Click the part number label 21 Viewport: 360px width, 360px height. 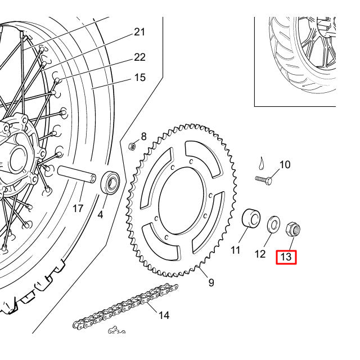[139, 32]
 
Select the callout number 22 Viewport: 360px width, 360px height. [139, 57]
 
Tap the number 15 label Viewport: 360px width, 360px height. [139, 77]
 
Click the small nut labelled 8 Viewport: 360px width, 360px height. [132, 146]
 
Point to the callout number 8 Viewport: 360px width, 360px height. [143, 136]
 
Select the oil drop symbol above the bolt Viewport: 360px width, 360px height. [261, 163]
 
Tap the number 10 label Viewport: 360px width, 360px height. [285, 165]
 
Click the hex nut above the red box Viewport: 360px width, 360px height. [293, 228]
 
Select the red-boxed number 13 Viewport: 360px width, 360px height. [286, 258]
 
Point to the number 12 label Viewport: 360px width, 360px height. [259, 254]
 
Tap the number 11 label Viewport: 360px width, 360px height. [235, 249]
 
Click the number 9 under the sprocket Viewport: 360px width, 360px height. [211, 282]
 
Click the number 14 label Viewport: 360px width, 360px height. [163, 316]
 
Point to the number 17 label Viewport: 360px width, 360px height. [78, 209]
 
